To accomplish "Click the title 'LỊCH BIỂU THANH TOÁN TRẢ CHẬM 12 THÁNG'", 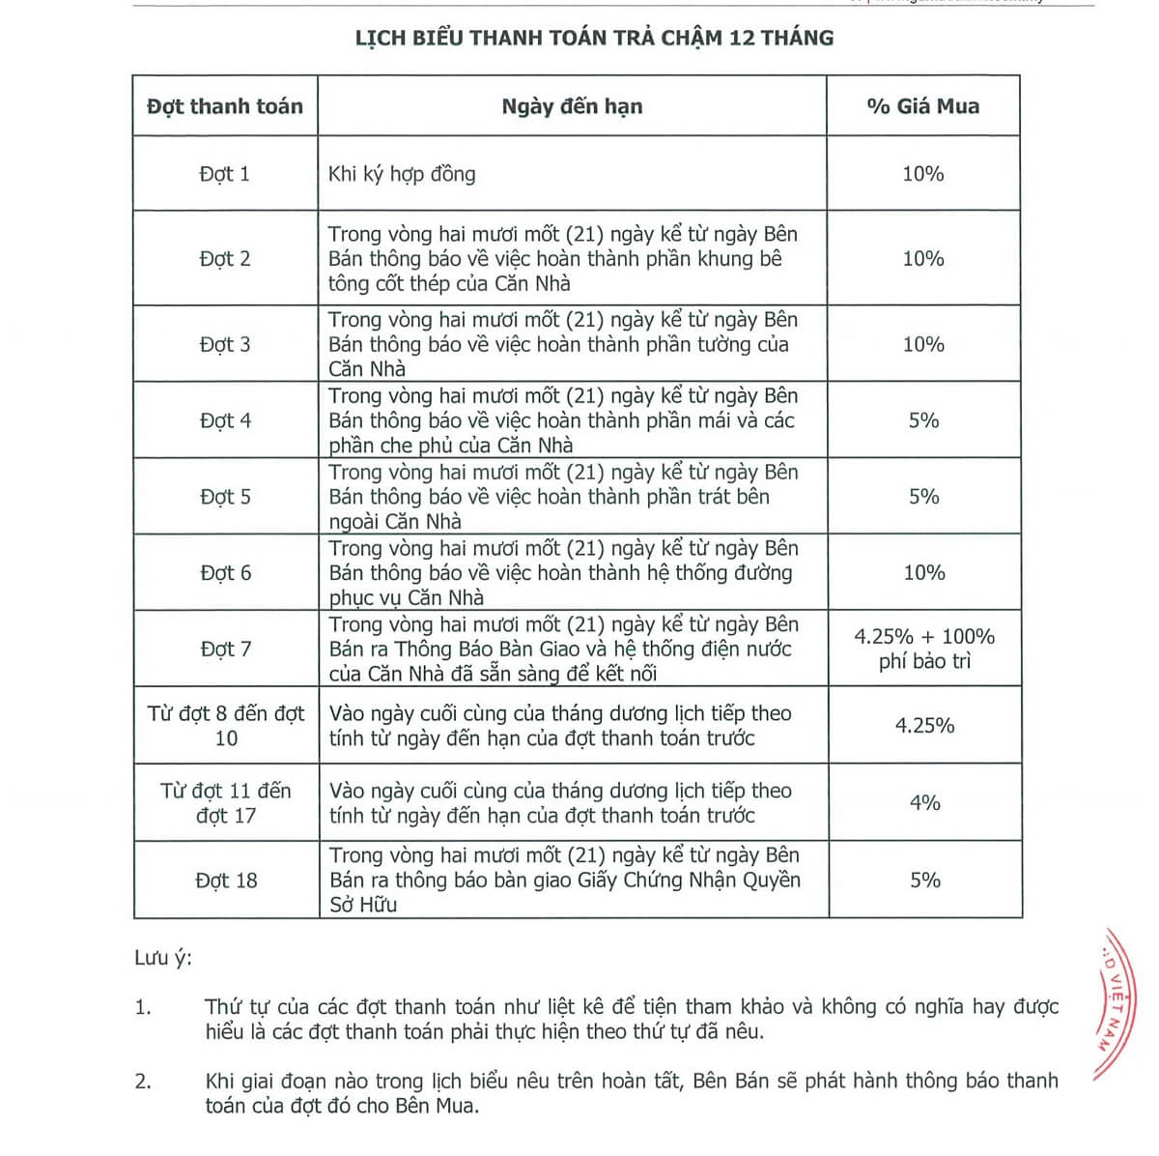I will (594, 38).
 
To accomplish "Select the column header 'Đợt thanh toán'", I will (225, 106).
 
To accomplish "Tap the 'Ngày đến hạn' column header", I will (572, 106).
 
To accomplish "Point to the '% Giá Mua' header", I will (923, 106).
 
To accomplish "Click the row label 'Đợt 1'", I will (225, 174).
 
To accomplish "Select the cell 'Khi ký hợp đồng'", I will (402, 174).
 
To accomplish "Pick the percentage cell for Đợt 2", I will (923, 258).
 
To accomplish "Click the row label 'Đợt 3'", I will (225, 344).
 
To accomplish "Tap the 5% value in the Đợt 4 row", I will (923, 420).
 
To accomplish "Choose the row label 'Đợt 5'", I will (225, 497).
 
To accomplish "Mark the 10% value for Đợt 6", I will (923, 572).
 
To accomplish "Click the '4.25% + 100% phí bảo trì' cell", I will (924, 649).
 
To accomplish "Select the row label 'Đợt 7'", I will (225, 649).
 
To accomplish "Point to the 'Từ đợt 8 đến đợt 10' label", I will (225, 726).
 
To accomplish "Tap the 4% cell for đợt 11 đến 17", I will (924, 802).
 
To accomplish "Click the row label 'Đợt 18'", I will (226, 881).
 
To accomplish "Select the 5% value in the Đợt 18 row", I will (924, 880).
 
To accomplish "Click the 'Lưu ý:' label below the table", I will (163, 958).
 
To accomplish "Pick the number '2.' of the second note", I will (143, 1081).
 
